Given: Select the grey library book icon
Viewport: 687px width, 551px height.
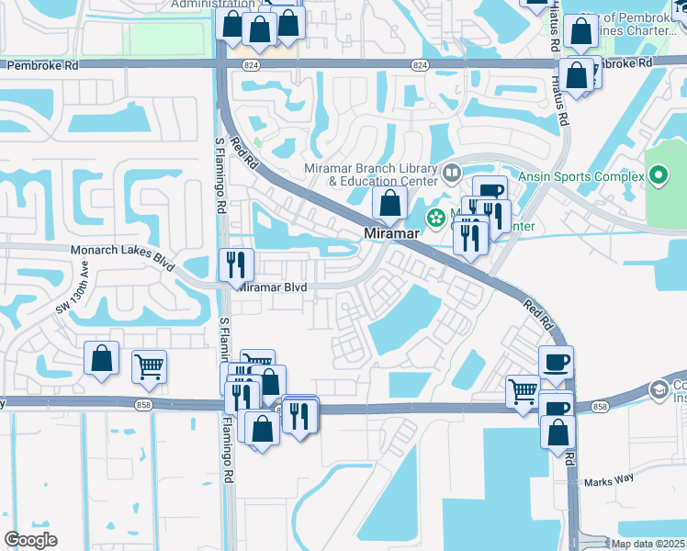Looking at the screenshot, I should pos(451,172).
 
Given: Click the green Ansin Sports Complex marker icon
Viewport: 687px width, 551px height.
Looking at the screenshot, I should pos(659,174).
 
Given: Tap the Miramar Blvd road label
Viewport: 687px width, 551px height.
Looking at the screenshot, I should pos(272,287).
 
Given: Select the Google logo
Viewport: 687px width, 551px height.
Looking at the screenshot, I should pos(30,540).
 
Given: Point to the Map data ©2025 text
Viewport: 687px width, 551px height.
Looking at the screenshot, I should pos(648,544).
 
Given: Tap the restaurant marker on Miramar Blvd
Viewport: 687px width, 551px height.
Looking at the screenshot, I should pos(237,265).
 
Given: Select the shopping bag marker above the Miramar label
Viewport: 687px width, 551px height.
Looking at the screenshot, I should pos(390,204).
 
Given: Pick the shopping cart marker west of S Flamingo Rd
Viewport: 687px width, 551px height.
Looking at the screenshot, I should pos(149,366).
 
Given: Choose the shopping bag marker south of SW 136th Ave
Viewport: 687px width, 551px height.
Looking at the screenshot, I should pos(101,360).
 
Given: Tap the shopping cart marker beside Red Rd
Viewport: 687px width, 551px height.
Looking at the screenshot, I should pos(523,390).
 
